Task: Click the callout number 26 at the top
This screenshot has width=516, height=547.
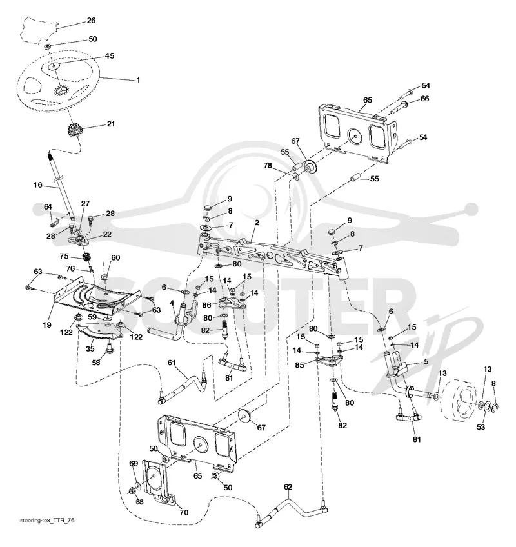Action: coord(91,20)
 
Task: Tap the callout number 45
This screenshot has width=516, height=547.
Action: coord(110,56)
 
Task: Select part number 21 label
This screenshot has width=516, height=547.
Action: coord(110,124)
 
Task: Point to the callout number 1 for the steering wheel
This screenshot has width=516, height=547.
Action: coord(138,80)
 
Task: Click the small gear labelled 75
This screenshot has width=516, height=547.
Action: coord(86,258)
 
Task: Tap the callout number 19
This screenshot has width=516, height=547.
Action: coord(46,325)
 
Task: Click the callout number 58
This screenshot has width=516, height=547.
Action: coord(96,363)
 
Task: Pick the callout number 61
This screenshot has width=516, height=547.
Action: coord(172,363)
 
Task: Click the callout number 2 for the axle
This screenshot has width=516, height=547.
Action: coord(257,223)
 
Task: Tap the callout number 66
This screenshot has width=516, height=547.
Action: coord(424,99)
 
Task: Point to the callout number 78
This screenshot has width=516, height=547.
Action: coord(268,165)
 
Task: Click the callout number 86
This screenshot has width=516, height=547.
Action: coord(206,305)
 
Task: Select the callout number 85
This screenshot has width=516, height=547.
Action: coord(299,365)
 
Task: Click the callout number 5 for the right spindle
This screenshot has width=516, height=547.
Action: coord(426,362)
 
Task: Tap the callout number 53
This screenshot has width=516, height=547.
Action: coord(481,426)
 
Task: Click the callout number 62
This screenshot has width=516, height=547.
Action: coord(288,487)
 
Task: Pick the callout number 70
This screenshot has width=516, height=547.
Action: coord(184,512)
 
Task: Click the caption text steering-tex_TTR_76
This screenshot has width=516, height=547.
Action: coord(47,521)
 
